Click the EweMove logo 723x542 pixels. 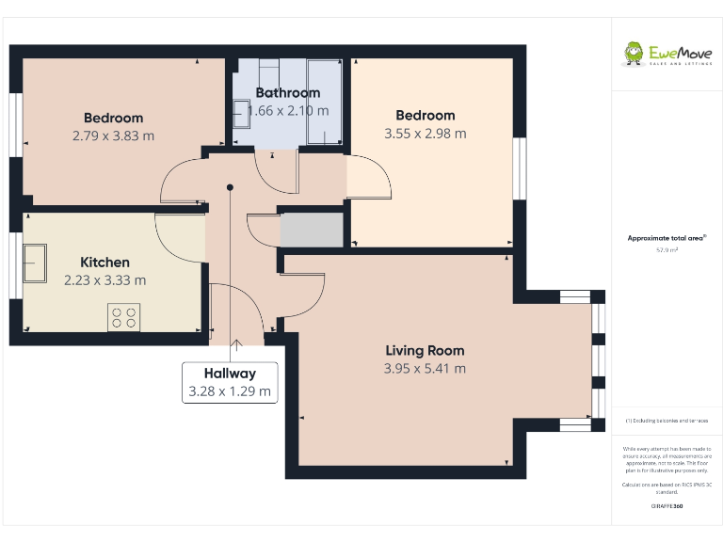(667, 54)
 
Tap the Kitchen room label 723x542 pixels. (104, 263)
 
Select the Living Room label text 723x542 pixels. (425, 351)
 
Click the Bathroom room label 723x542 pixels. (288, 93)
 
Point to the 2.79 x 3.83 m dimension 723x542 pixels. (113, 135)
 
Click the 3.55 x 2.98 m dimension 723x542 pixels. (425, 134)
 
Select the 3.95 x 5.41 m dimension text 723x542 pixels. (425, 369)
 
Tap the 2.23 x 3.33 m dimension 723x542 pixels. (104, 280)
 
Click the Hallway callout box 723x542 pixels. (230, 382)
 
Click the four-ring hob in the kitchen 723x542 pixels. (121, 317)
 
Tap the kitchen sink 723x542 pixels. (36, 263)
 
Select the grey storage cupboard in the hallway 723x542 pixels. (311, 230)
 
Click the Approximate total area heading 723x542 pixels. (667, 239)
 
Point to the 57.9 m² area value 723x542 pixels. (667, 251)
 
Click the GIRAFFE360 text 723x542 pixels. (667, 507)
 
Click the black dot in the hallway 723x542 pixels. (230, 187)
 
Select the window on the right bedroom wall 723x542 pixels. (517, 169)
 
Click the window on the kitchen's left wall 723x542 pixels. (16, 266)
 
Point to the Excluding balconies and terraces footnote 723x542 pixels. (667, 421)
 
